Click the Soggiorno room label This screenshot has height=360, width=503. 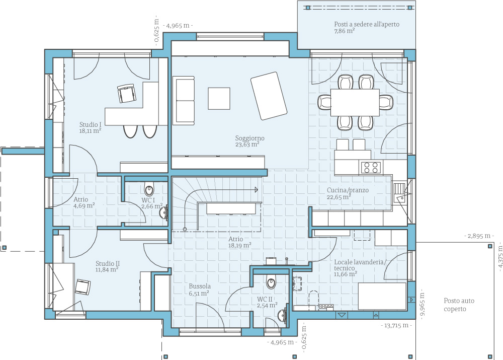250,138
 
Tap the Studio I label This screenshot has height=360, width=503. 91,124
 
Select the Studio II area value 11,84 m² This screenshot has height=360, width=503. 107,270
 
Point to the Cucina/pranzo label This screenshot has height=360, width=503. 348,190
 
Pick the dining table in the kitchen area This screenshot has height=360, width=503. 355,102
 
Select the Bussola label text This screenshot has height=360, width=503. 200,286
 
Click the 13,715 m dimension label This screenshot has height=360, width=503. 396,326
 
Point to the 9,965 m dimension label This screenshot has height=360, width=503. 422,304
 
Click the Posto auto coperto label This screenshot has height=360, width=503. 459,305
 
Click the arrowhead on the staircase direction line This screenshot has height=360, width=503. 257,190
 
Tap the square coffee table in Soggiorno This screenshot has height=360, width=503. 219,99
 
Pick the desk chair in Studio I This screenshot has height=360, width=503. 127,94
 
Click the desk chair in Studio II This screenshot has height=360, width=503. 83,287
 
